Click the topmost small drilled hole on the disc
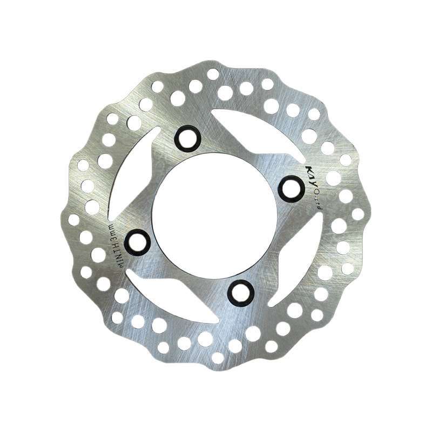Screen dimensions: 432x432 pos(213,73)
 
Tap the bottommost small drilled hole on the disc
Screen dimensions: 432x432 pos(218,357)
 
